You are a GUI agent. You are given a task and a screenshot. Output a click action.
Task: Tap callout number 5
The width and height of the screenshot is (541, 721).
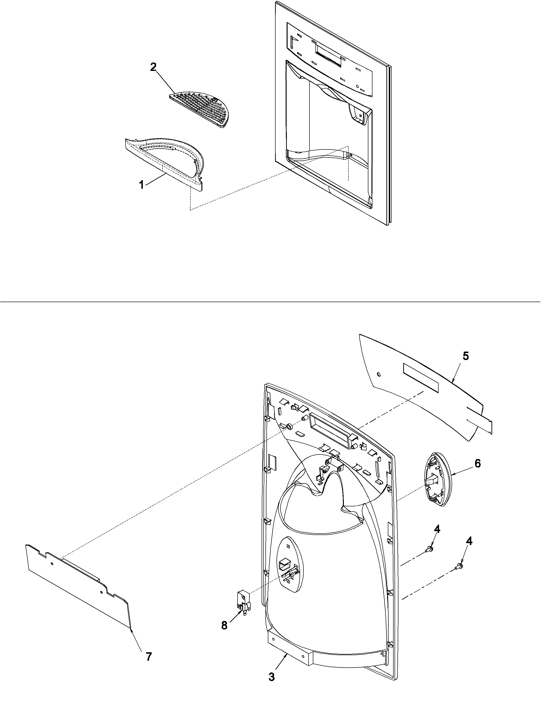(x=466, y=356)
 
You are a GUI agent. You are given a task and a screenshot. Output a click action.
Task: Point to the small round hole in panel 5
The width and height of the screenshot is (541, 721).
(x=379, y=374)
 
